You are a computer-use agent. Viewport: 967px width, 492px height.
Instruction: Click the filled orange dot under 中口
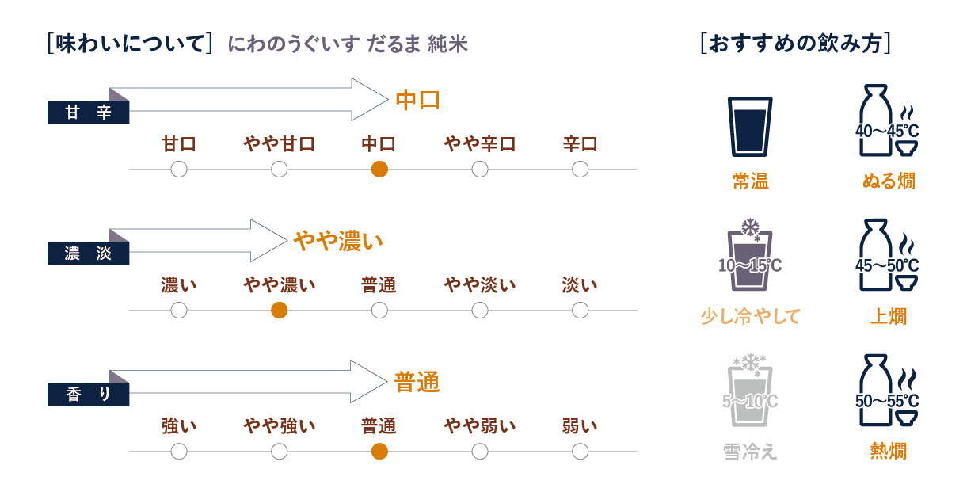379,169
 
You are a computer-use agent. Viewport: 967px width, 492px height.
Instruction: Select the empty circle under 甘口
179,169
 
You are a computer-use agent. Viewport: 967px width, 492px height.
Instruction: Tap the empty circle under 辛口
580,169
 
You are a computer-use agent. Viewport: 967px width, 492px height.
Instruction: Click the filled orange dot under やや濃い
279,311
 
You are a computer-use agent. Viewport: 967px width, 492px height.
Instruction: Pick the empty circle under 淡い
580,311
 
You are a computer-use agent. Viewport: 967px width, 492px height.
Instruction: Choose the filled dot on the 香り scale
379,452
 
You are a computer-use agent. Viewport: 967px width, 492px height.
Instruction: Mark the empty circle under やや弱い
479,452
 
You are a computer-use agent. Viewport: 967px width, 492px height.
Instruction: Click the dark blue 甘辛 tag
88,113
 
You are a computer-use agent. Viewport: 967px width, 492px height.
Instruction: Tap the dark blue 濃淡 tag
88,254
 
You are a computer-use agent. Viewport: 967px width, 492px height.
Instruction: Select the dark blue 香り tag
88,395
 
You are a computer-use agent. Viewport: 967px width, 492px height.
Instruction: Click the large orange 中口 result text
417,101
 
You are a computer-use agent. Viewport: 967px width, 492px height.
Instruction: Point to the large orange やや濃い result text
338,241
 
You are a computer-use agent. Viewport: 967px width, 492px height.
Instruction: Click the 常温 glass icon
749,127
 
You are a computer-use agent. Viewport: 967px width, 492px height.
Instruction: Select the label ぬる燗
888,181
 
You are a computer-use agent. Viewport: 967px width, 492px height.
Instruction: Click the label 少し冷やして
750,316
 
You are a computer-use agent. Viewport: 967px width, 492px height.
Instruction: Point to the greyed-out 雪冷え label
750,452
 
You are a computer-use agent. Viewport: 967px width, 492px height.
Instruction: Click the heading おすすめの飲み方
796,43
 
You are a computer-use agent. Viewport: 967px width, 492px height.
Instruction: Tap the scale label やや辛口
479,144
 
